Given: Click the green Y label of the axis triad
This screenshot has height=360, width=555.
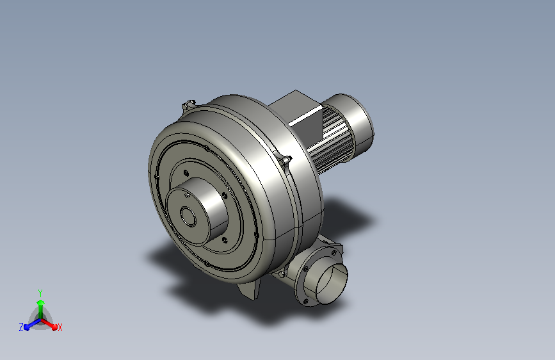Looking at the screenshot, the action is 40,293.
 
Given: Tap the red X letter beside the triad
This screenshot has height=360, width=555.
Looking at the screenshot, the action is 60,327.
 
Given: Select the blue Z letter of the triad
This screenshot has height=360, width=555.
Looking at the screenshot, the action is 21,327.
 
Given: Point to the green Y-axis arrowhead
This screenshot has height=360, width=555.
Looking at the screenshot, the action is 41,302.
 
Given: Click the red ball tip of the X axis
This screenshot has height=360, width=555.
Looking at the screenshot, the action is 54,327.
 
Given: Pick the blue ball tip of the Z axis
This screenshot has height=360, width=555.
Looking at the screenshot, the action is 26,327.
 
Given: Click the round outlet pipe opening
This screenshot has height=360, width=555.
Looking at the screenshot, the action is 332,284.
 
